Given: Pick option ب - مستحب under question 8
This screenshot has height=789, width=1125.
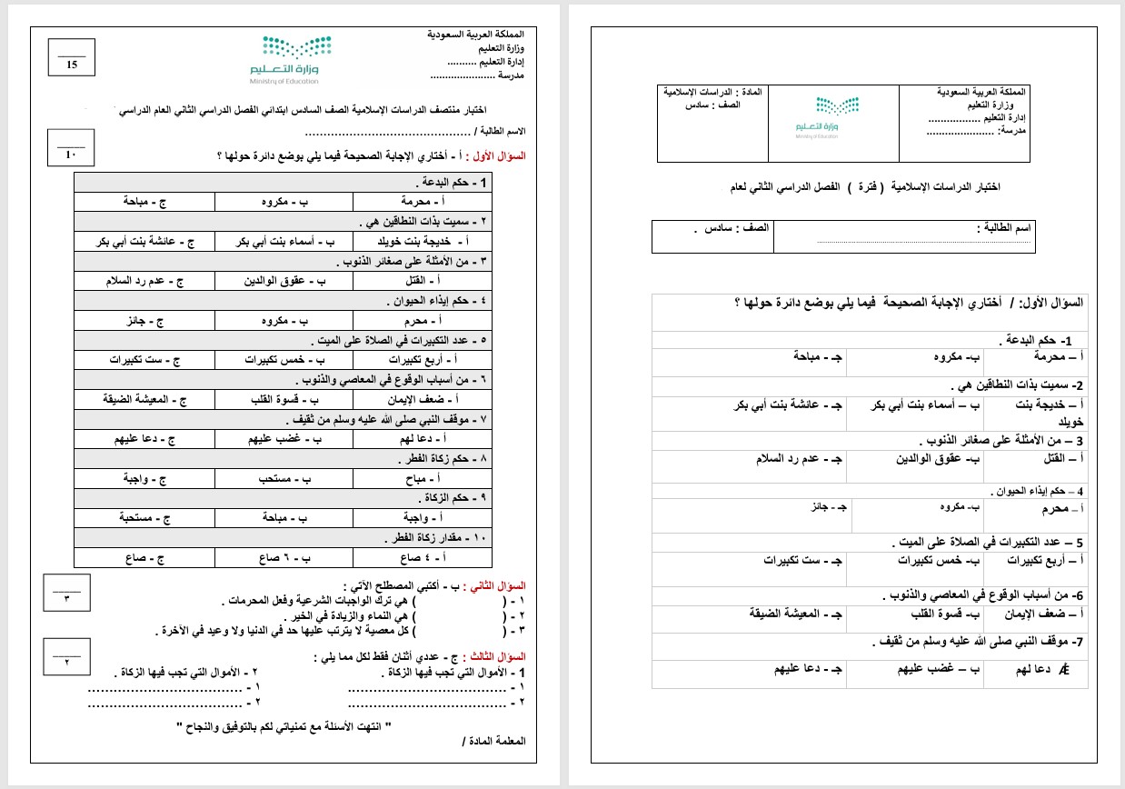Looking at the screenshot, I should tap(284, 477).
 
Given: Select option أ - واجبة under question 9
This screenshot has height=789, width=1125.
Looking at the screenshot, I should tap(423, 517).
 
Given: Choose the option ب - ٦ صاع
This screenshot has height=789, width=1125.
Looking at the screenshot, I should tap(284, 557).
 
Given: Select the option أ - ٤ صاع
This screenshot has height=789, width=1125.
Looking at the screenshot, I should tap(423, 557).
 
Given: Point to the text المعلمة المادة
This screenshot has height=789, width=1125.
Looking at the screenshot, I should tap(495, 741).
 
